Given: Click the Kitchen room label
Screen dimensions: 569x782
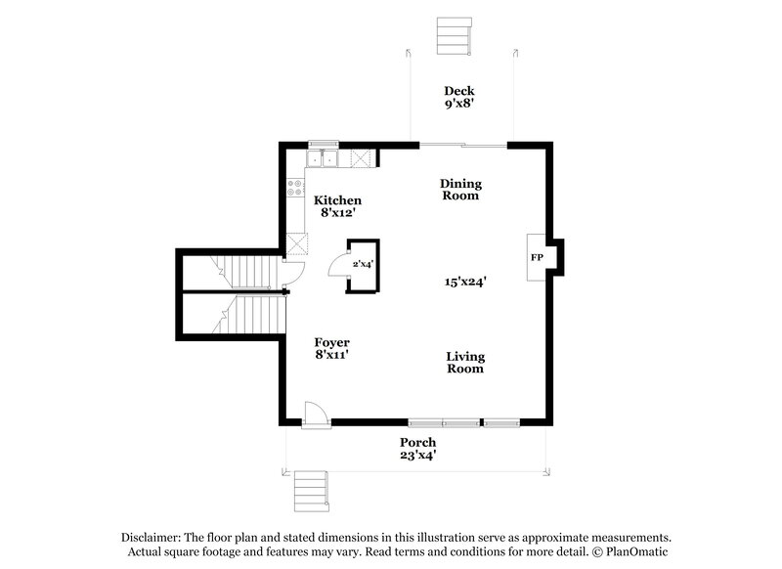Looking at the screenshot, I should click(336, 200).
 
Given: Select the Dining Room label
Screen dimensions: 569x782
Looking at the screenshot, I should click(459, 190).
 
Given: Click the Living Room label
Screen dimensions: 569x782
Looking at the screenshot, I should click(465, 363).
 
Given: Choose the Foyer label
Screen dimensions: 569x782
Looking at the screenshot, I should click(332, 342).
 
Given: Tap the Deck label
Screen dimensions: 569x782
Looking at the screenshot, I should click(458, 91).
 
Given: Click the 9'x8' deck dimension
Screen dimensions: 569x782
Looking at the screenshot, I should click(458, 104).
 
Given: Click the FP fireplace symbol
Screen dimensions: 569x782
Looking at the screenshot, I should click(538, 258).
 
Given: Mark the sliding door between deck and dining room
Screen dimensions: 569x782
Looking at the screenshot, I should click(462, 146).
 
